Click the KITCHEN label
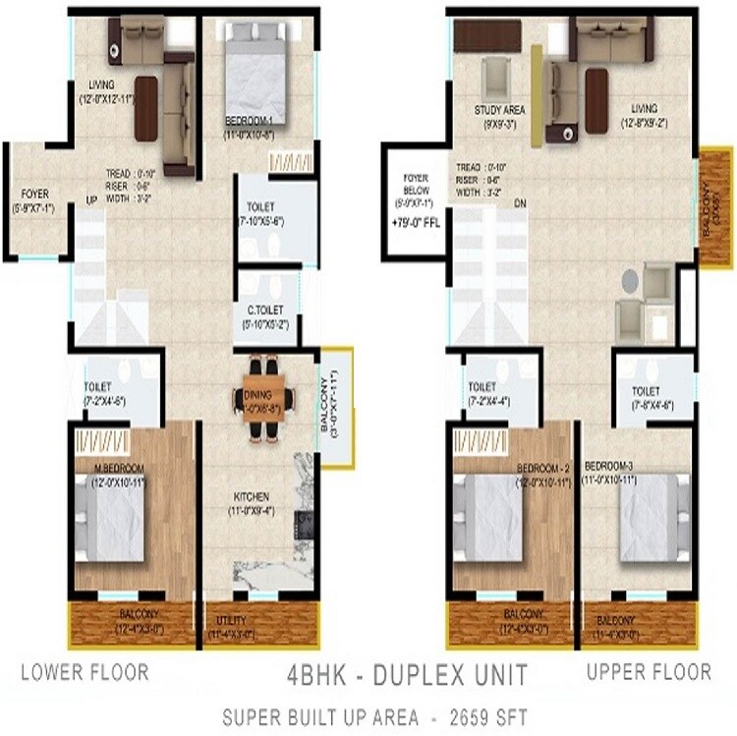pyautogui.click(x=252, y=497)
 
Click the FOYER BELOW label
pyautogui.click(x=412, y=187)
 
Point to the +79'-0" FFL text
pyautogui.click(x=414, y=222)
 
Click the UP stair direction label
pyautogui.click(x=92, y=199)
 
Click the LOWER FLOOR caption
pyautogui.click(x=85, y=672)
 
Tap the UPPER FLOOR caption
pyautogui.click(x=649, y=672)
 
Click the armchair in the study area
pyautogui.click(x=496, y=76)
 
